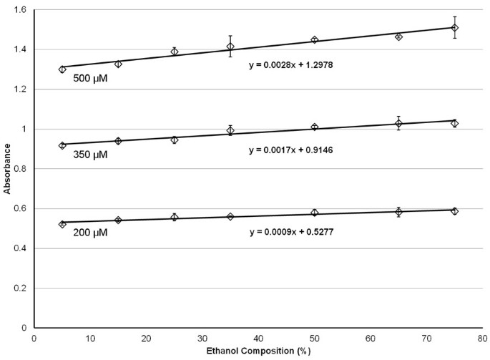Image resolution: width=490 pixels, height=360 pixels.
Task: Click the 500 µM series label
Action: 90,79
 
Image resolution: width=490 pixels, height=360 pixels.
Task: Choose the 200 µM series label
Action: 90,233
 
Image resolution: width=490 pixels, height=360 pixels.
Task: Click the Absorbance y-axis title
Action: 6,169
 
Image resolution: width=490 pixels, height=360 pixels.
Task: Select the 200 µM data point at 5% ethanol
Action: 62,224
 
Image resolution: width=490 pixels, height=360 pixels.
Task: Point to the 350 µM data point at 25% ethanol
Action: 175,140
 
